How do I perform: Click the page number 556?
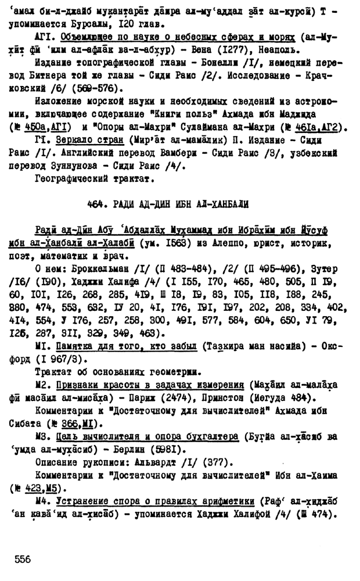[x=23, y=559]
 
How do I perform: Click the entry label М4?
[x=44, y=501]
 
